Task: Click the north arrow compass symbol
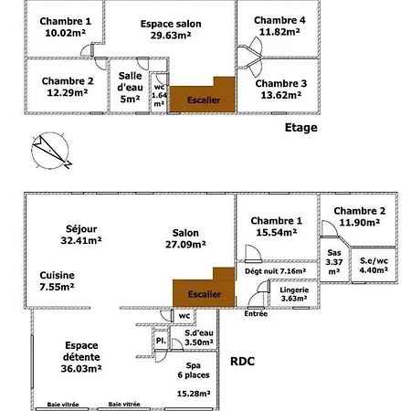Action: point(50,151)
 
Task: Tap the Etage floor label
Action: point(301,128)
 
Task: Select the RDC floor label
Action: point(242,362)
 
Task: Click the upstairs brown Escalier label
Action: point(204,100)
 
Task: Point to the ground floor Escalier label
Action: point(205,294)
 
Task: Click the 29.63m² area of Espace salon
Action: point(171,36)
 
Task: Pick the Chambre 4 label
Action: point(279,20)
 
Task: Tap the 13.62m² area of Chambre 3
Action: point(281,95)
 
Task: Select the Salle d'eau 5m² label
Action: point(130,87)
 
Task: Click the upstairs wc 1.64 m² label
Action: point(159,95)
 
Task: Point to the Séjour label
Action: point(81,228)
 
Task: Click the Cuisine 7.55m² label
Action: point(57,280)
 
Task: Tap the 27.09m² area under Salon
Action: point(185,245)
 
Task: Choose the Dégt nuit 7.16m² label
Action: point(275,271)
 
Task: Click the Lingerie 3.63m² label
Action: point(294,294)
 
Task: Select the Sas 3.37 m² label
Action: point(334,262)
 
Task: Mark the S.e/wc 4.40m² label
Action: point(374,265)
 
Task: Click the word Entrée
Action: point(256,313)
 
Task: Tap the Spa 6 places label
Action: point(194,370)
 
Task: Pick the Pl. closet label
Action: point(161,341)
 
